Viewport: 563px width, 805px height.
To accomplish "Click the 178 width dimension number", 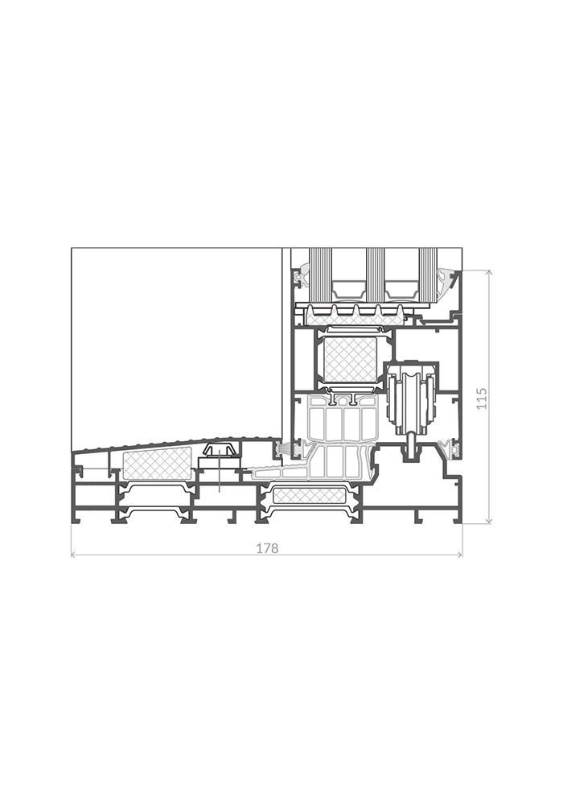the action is (267, 548).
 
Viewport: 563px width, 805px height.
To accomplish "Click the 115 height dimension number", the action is (482, 398).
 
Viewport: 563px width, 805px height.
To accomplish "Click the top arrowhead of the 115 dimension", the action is (490, 273).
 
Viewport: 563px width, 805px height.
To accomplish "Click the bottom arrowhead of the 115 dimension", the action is (490, 520).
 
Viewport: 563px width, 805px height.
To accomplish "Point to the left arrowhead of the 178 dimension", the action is (74, 555).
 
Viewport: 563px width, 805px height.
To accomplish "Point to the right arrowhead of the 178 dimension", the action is (459, 555).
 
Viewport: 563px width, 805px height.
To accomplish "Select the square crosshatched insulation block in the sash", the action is (347, 360).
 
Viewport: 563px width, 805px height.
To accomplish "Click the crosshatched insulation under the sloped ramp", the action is (158, 464).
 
